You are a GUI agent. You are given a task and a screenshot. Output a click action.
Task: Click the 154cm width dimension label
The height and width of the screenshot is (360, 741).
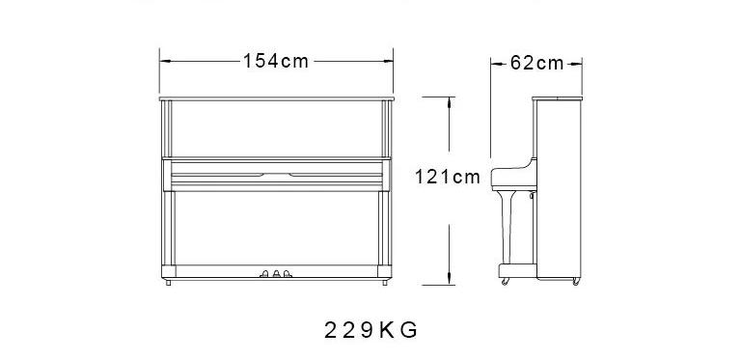tap(276, 61)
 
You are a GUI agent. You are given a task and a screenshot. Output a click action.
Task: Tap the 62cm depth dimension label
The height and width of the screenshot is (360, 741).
tap(536, 63)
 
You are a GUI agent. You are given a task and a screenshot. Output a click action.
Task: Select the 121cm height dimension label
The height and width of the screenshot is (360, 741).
tap(448, 177)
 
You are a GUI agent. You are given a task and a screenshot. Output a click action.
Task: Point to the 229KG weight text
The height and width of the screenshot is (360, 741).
tap(370, 330)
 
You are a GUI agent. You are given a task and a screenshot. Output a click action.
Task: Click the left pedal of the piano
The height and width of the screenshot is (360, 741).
tap(264, 273)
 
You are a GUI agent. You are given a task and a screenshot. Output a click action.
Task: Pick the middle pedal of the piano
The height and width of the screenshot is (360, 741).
tap(277, 273)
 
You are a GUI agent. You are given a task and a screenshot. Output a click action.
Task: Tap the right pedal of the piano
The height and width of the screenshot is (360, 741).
tap(288, 273)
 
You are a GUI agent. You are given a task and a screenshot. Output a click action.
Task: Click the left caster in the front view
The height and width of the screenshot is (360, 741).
tap(168, 283)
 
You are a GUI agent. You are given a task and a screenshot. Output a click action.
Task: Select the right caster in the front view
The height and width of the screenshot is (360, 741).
tap(385, 283)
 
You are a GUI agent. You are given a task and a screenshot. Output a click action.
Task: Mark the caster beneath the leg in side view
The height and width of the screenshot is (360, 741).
tap(506, 282)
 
